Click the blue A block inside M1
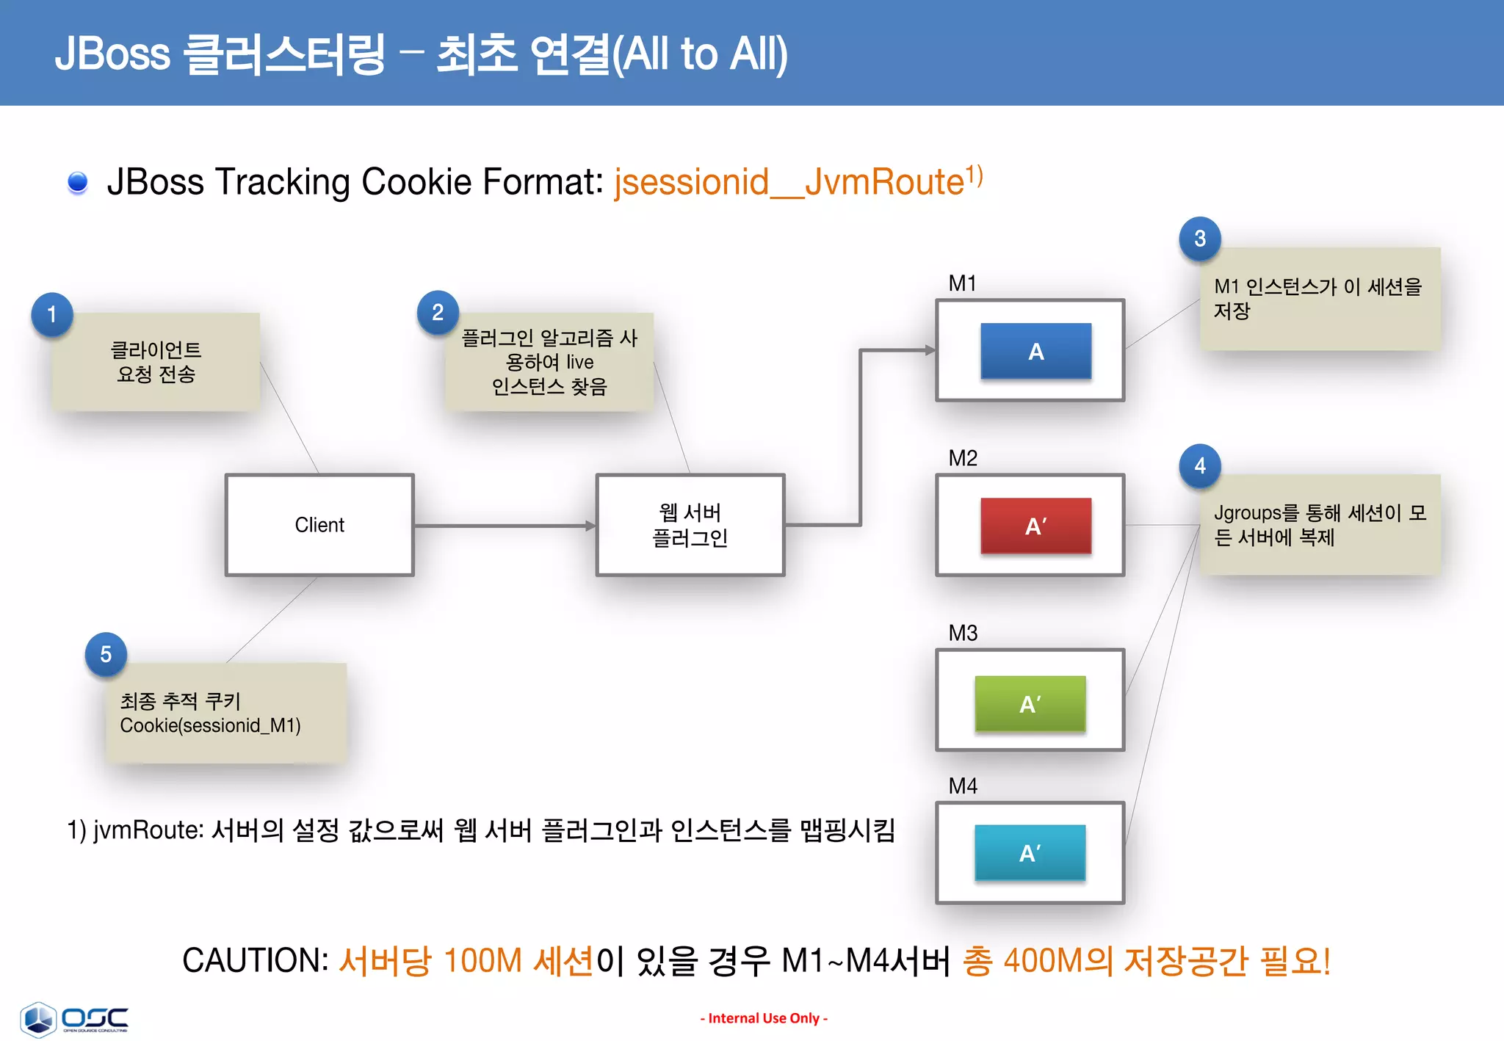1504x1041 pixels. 1035,351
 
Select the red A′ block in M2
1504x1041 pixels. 1035,526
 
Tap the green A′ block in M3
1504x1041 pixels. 1030,703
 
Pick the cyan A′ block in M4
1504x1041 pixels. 1030,852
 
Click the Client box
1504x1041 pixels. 319,525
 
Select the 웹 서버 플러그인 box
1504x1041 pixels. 690,525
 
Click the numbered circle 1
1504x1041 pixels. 51,314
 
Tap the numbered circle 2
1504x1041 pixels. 438,312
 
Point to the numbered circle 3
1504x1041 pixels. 1199,238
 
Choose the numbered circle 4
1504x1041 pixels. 1199,465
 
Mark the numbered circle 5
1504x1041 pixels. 106,653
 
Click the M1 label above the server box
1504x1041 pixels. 962,283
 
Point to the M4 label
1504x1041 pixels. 962,786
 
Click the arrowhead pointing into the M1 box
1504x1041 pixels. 930,350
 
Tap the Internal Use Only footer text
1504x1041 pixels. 764,1018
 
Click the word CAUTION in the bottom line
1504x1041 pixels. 255,960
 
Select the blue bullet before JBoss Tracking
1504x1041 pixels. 77,182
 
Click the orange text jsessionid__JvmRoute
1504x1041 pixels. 789,182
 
